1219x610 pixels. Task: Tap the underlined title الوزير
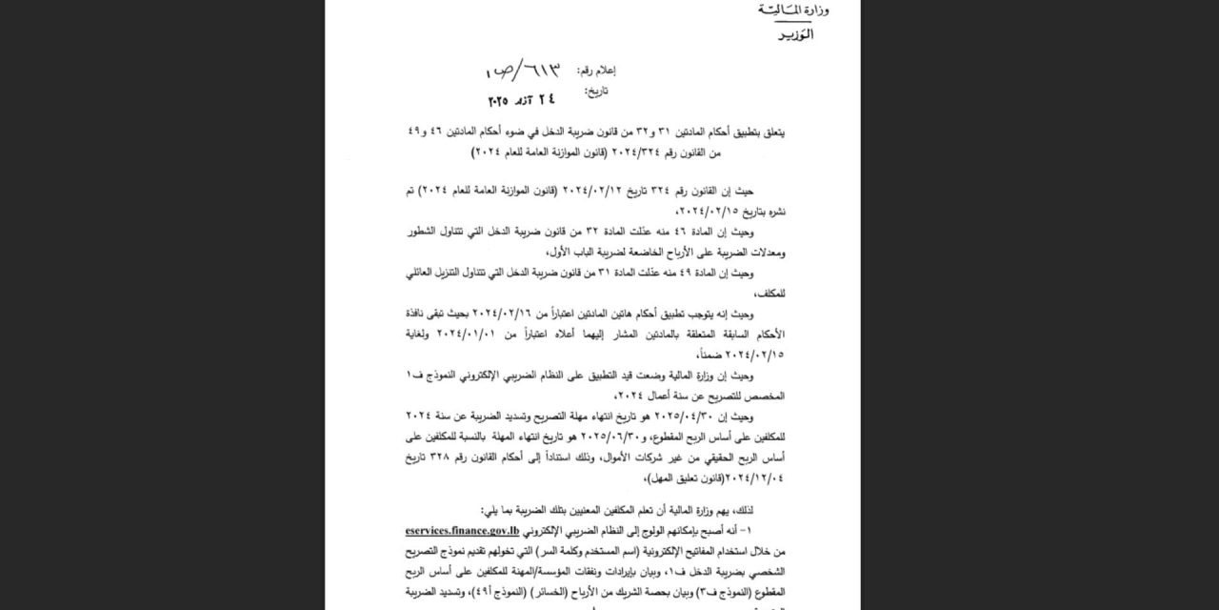click(795, 35)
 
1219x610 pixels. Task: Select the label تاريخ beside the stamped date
click(597, 91)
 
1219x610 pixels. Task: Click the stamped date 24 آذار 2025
click(522, 99)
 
